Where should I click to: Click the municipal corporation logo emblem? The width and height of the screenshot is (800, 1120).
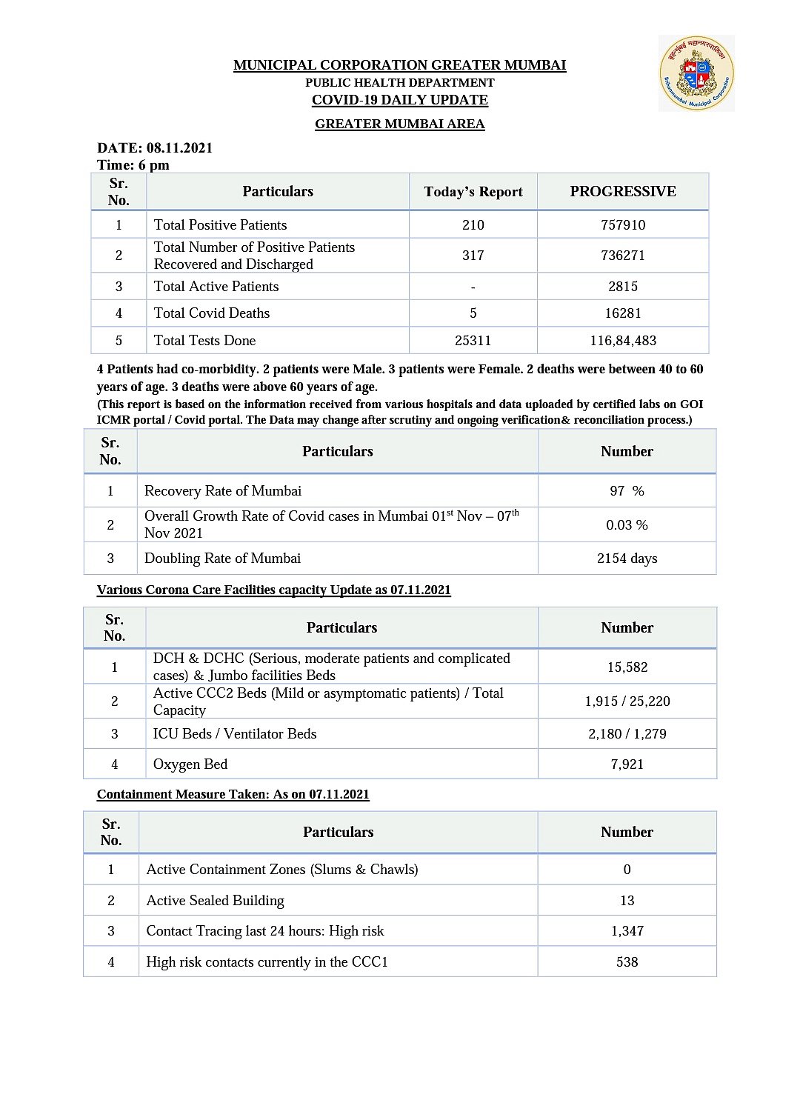pos(696,73)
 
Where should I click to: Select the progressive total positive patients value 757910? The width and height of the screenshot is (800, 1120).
pos(623,225)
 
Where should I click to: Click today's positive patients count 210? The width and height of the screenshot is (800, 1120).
pos(473,225)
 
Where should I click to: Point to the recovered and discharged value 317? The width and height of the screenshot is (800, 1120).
pos(473,256)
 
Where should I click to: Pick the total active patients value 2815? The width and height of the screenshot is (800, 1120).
pos(623,287)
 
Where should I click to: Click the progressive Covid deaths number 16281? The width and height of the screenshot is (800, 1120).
pos(623,313)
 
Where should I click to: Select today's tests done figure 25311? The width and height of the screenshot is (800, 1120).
pos(473,341)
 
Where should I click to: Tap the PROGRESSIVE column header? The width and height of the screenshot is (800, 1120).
pos(623,192)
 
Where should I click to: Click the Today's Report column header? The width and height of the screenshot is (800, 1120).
pos(473,192)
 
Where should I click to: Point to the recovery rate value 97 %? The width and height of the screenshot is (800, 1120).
pos(627,491)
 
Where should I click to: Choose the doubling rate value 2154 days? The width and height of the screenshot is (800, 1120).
pos(627,559)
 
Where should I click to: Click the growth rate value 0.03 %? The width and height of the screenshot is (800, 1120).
pos(627,525)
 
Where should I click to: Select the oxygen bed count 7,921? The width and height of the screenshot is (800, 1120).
pos(627,764)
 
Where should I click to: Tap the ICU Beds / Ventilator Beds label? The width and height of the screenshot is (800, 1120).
pos(235,734)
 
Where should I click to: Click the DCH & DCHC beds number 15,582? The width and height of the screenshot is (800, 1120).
pos(627,667)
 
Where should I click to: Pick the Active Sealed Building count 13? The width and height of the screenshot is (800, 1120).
pos(627,901)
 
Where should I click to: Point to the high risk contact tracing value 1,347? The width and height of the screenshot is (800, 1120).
pos(627,931)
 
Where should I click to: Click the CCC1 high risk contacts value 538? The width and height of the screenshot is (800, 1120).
pos(627,962)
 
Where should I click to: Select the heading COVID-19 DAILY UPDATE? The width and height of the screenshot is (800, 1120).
pos(399,100)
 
